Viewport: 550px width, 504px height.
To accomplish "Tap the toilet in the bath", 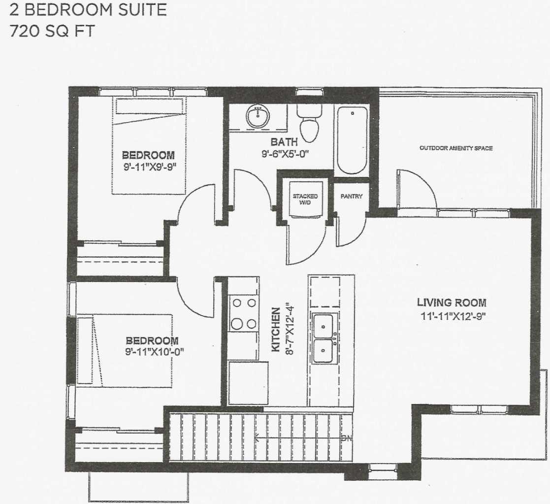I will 309,126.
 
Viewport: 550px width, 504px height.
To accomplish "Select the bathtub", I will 352,140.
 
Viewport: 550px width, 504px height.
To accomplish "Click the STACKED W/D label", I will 305,199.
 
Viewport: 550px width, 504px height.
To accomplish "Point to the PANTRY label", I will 352,196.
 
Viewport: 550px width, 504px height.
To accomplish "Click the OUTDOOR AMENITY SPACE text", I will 455,148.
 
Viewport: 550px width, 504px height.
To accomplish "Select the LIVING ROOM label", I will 452,302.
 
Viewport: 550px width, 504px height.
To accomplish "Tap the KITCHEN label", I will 276,330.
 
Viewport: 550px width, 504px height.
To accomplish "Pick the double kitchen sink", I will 324,338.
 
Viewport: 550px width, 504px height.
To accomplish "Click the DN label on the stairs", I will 347,438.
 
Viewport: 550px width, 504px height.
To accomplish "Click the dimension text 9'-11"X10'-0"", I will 152,351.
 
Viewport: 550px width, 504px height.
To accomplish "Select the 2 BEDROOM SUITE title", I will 88,10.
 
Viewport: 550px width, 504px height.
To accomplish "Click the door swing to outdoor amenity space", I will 417,190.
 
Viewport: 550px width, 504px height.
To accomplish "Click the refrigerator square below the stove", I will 248,383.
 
